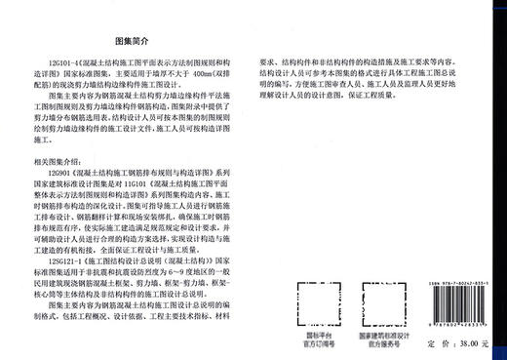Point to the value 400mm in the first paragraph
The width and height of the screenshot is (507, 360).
tap(214, 75)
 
